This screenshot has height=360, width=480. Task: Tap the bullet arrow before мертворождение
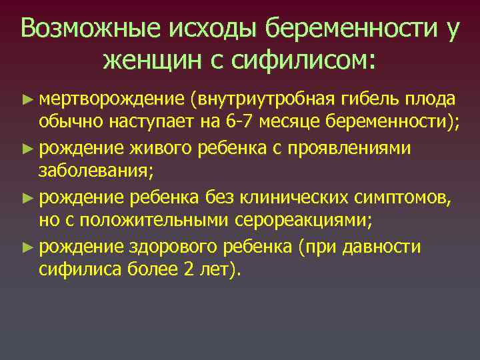27,99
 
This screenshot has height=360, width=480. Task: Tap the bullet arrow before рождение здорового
27,247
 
